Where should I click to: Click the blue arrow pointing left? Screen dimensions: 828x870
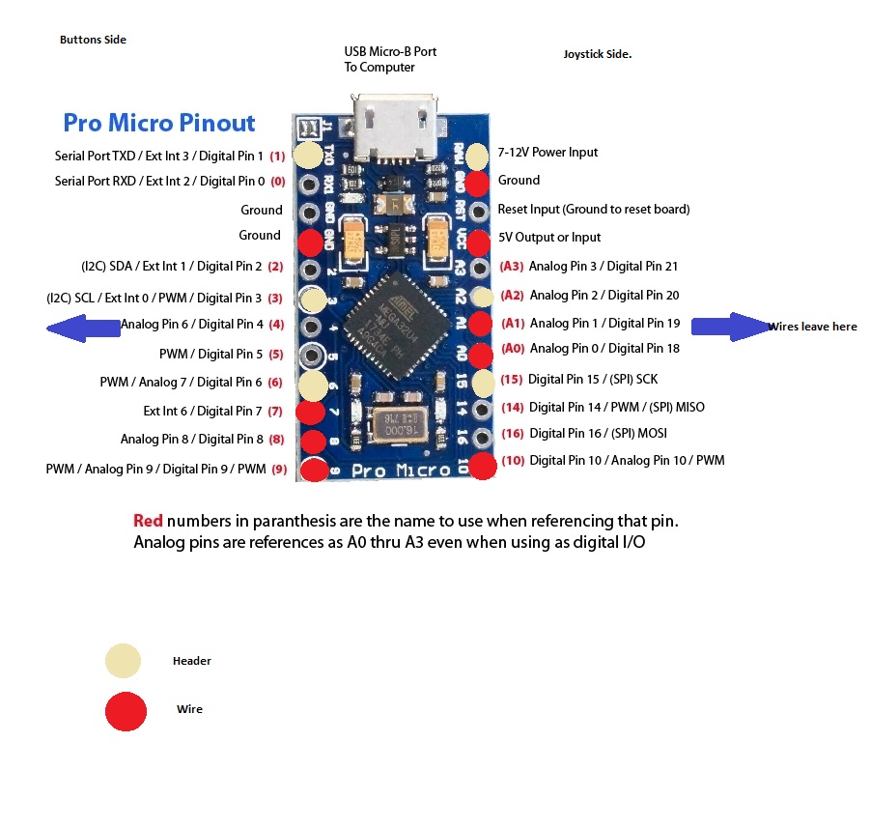click(83, 328)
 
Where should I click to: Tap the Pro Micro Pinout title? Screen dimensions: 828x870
click(159, 123)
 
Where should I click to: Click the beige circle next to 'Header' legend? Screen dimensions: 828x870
click(124, 661)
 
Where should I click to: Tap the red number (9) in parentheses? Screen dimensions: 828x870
click(279, 471)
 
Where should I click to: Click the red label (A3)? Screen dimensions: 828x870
click(511, 267)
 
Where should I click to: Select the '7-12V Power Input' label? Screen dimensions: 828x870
click(547, 153)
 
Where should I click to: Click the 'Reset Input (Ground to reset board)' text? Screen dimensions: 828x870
click(593, 210)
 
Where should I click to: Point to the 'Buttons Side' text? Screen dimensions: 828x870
click(93, 40)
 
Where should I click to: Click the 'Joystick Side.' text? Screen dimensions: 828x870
click(597, 54)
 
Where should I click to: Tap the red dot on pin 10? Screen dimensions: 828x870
click(483, 467)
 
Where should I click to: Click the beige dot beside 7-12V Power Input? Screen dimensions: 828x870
click(478, 156)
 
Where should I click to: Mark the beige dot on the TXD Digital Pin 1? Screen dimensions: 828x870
click(308, 155)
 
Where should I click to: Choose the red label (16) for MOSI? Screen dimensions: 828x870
click(513, 434)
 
